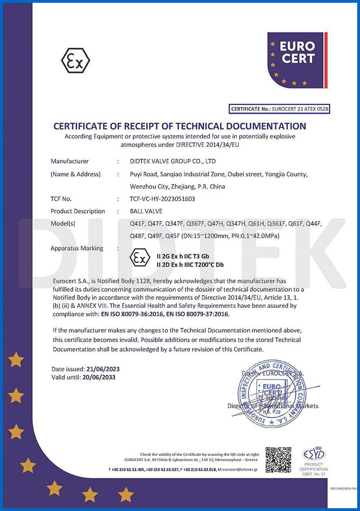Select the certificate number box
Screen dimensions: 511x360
279,109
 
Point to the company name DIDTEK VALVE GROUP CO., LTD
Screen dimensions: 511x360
167,162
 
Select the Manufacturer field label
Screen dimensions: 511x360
69,162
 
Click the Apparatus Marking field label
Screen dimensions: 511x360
77,248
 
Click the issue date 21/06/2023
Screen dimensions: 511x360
103,369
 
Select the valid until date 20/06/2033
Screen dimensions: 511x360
99,377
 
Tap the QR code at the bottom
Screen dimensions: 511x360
278,459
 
